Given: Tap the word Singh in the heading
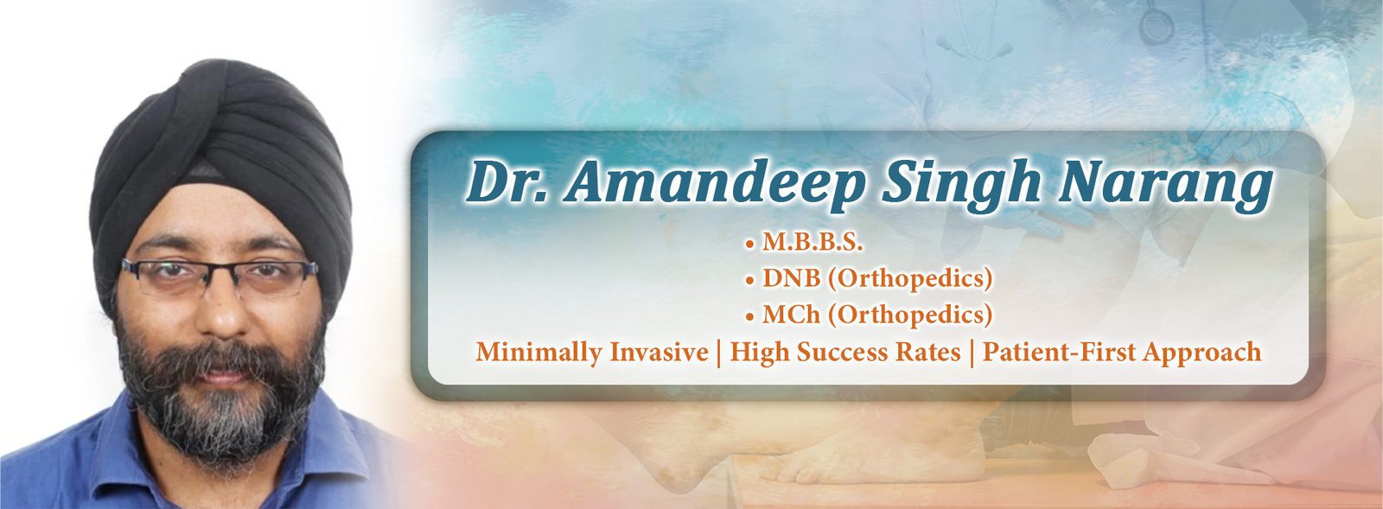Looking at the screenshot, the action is click(x=962, y=182).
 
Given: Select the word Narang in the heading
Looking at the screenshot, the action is click(x=1166, y=183).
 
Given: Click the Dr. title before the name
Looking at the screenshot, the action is click(x=506, y=182).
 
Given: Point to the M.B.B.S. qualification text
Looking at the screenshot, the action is click(x=813, y=243).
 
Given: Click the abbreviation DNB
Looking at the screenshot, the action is click(x=792, y=278).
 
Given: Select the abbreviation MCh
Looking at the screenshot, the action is click(x=792, y=315).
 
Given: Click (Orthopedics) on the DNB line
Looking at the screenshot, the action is click(x=910, y=279).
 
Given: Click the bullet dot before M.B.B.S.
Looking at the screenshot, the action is click(x=750, y=245).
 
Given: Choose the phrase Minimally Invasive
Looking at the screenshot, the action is click(x=592, y=353).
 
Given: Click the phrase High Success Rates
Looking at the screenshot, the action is click(x=845, y=353).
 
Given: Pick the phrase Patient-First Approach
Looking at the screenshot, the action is click(x=1122, y=353).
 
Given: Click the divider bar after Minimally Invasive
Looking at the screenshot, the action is click(x=719, y=353).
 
